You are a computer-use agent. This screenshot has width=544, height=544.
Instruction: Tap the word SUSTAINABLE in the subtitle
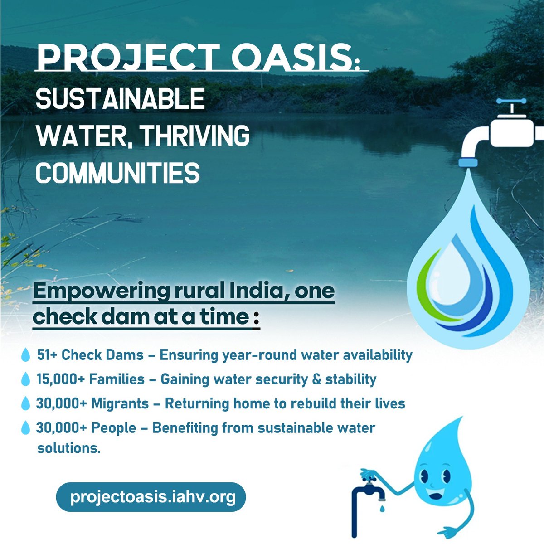tap(120, 99)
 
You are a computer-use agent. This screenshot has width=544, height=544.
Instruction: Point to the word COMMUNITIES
tap(118, 173)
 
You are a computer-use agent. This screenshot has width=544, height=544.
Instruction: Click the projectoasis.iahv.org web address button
tap(151, 497)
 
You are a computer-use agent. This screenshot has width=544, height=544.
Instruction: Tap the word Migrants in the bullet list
tap(120, 403)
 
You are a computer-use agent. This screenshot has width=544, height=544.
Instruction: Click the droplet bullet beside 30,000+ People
tap(26, 427)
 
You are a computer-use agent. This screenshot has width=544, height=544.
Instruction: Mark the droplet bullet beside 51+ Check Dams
tap(26, 355)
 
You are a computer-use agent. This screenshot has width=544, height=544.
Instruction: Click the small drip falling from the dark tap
tap(381, 509)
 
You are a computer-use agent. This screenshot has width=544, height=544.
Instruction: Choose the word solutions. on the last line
tap(68, 448)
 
